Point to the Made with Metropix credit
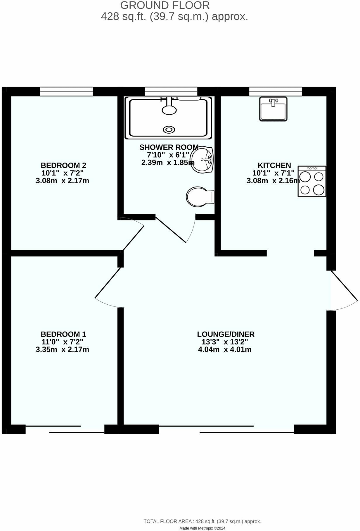(x=202, y=528)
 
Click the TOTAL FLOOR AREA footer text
(x=202, y=521)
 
